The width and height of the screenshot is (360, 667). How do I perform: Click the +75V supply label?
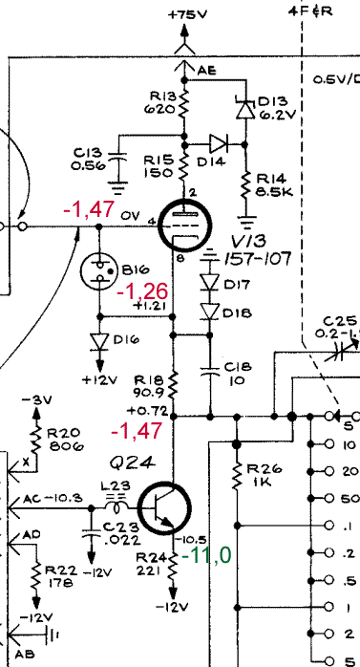pyautogui.click(x=187, y=15)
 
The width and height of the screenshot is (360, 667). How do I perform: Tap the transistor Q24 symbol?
pyautogui.click(x=164, y=508)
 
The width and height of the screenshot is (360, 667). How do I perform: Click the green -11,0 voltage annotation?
pyautogui.click(x=206, y=555)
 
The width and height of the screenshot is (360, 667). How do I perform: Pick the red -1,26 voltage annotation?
pyautogui.click(x=142, y=291)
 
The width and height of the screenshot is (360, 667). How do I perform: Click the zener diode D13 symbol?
pyautogui.click(x=244, y=109)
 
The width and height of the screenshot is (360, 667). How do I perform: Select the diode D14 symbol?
pyautogui.click(x=219, y=144)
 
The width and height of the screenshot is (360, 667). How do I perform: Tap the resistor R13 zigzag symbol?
pyautogui.click(x=184, y=103)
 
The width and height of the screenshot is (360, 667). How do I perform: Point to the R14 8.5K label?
pyautogui.click(x=274, y=185)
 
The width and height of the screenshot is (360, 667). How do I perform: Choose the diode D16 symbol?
pyautogui.click(x=100, y=342)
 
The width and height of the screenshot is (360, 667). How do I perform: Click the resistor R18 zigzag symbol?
pyautogui.click(x=173, y=384)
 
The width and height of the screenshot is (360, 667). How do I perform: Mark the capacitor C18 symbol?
pyautogui.click(x=209, y=371)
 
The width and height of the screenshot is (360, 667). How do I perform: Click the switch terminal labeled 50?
pyautogui.click(x=329, y=498)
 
